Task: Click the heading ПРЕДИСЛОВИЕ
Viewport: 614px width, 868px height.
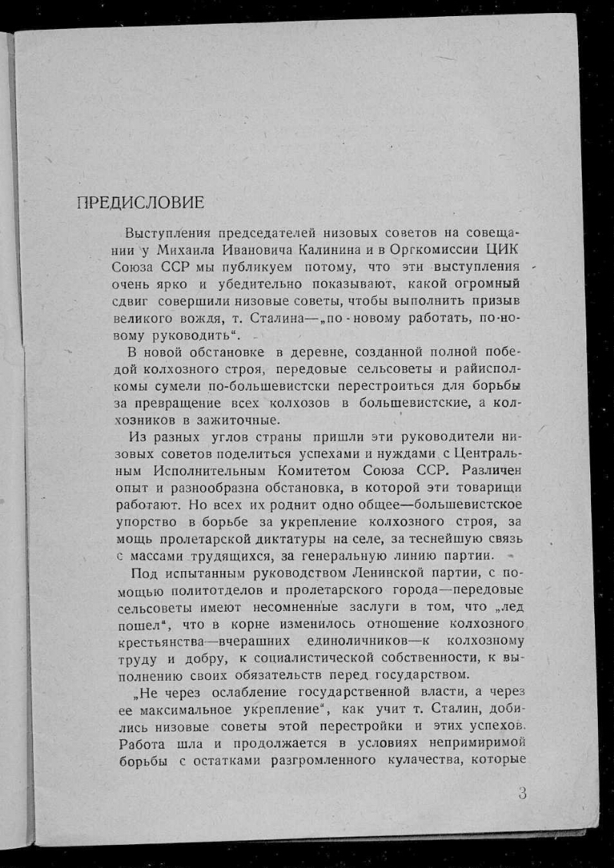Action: click(140, 203)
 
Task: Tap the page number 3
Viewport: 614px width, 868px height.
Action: click(522, 794)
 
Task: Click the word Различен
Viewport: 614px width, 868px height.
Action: click(488, 471)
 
